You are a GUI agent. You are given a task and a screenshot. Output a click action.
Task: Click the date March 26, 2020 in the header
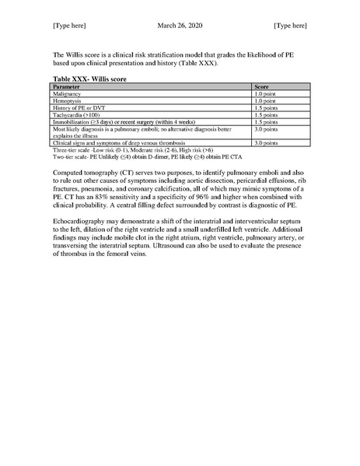[179, 26]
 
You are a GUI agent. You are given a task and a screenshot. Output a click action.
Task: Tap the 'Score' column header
[262, 86]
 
